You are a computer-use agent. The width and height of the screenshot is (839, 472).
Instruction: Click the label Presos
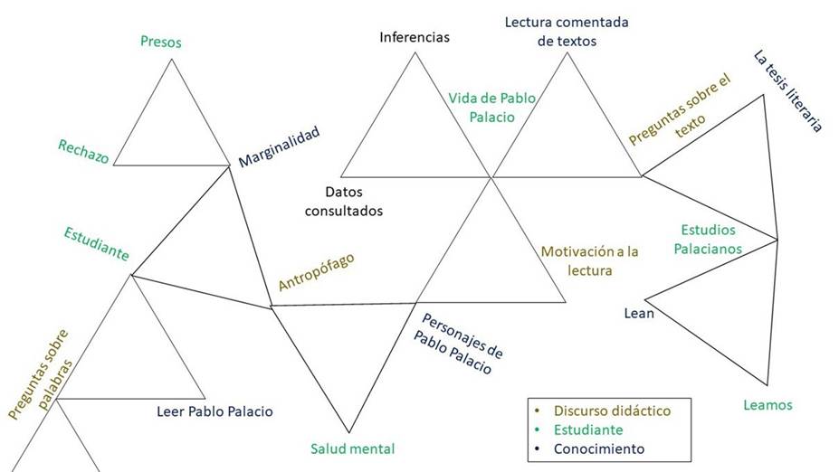click(161, 42)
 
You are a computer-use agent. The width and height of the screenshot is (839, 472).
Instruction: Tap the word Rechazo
click(83, 151)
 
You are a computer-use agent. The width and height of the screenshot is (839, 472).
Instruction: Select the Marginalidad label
click(280, 147)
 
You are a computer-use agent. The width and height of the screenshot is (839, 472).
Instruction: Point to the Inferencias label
click(415, 37)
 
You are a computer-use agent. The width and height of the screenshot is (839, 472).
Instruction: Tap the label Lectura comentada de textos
click(567, 31)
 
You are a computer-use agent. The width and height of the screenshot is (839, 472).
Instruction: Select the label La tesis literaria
click(787, 91)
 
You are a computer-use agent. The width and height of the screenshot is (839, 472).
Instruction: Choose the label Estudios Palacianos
click(711, 239)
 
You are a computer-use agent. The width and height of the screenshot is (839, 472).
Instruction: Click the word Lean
click(639, 314)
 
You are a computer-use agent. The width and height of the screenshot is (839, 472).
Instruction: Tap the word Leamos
click(767, 405)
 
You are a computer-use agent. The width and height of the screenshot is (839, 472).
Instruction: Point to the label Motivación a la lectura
click(590, 260)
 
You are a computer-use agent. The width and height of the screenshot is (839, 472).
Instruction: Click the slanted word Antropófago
click(316, 271)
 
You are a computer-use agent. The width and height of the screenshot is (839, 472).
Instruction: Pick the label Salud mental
click(353, 448)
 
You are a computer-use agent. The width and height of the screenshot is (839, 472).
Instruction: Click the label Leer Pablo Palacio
click(215, 411)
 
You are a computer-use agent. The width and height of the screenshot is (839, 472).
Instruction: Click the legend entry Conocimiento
click(599, 448)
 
